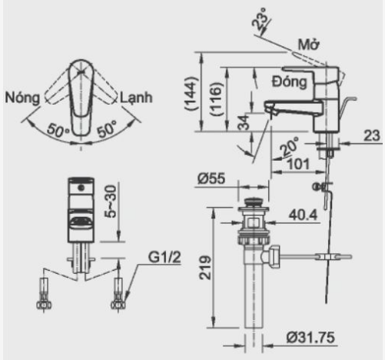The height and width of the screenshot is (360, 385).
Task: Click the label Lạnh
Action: point(135,98)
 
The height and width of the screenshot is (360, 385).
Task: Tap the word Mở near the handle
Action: point(309,45)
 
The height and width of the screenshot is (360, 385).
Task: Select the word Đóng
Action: point(290,79)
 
